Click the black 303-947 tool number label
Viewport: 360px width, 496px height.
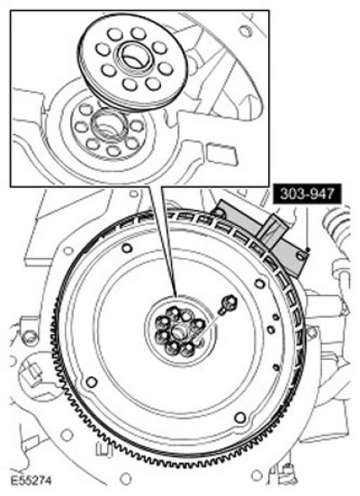point(308,194)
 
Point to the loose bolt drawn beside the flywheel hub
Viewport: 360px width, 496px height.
point(228,303)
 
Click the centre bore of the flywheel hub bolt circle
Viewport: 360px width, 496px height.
point(178,332)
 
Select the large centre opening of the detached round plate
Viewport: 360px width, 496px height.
point(134,57)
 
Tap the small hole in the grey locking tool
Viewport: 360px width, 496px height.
point(301,256)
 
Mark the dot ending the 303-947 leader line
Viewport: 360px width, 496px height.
point(308,250)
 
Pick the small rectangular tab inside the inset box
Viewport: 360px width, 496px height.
point(221,154)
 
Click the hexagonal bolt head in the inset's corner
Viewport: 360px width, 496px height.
point(246,31)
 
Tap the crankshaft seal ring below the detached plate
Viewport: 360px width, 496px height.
point(109,124)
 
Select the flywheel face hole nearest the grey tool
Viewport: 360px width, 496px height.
point(260,284)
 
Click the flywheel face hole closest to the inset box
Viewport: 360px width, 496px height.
point(127,248)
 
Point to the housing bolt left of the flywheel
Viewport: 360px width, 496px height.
point(30,337)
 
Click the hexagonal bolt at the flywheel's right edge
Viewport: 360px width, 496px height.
point(311,332)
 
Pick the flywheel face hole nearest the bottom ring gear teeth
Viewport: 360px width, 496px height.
point(240,418)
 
